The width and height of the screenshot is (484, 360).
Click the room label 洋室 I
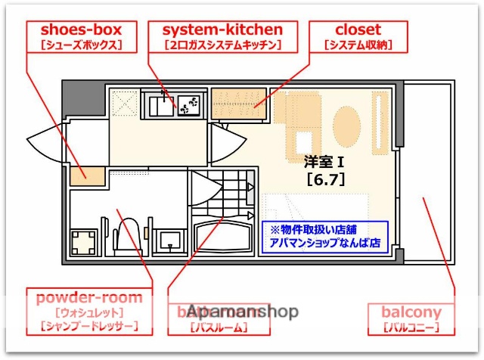click(x=324, y=161)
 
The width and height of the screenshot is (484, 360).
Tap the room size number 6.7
click(x=324, y=179)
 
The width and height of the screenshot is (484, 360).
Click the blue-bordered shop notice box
click(x=325, y=237)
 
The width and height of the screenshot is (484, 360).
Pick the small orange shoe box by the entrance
click(x=81, y=173)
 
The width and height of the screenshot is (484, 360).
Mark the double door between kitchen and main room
click(x=227, y=141)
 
